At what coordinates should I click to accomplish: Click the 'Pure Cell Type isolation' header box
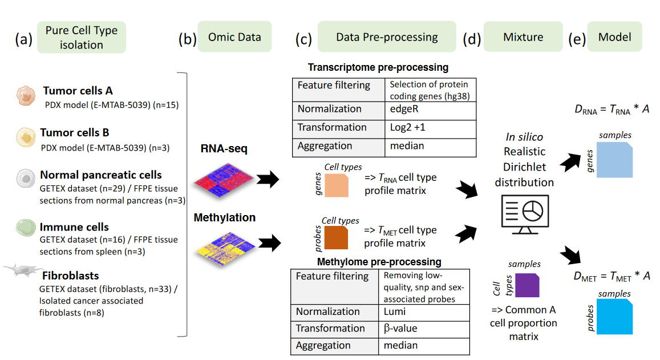(81, 38)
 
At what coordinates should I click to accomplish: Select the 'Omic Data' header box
(234, 37)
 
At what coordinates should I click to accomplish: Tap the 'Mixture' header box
(523, 37)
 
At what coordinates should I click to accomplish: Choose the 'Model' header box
(614, 37)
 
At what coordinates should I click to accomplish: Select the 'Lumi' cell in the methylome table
(424, 313)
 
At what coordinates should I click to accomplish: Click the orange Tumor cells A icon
(26, 96)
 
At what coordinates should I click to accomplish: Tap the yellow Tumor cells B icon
(26, 137)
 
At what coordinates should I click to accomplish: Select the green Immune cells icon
(26, 228)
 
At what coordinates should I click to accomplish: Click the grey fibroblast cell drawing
(23, 270)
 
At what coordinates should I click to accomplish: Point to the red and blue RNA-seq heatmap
(223, 180)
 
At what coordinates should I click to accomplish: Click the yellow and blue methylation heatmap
(226, 249)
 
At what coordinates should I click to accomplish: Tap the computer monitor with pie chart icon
(525, 215)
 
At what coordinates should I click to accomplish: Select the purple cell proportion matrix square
(527, 285)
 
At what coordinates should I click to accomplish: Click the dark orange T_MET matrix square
(336, 238)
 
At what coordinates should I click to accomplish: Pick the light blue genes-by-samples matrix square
(614, 160)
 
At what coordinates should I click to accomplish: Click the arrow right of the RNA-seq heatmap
(268, 179)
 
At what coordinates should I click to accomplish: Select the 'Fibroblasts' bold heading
(70, 276)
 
